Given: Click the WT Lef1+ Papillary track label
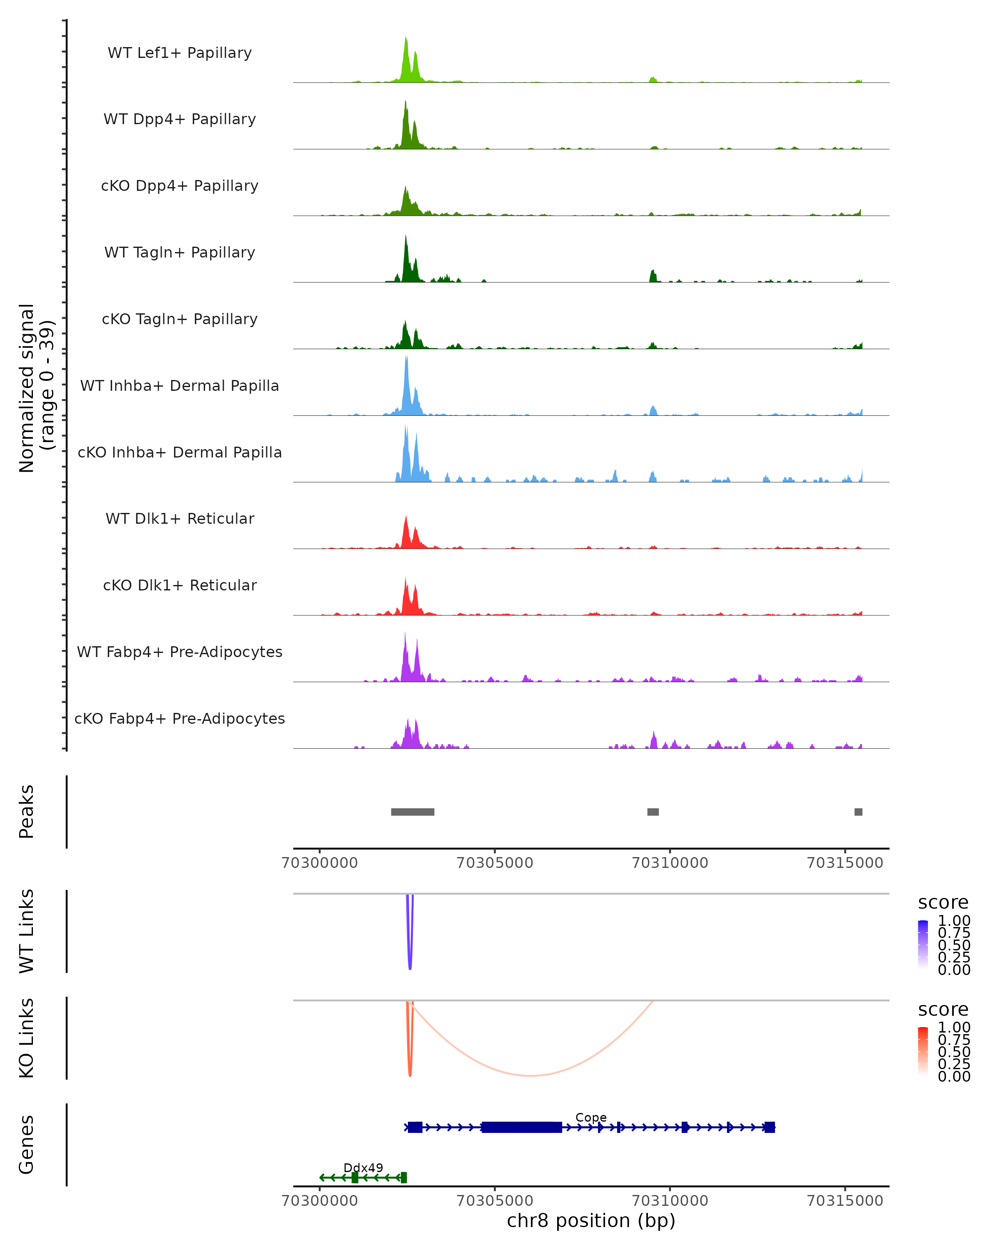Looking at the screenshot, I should tap(180, 53).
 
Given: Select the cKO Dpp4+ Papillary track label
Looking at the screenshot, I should tap(180, 186).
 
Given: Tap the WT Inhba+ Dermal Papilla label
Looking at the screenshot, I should tap(180, 386).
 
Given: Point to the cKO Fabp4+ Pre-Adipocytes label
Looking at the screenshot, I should tap(180, 719).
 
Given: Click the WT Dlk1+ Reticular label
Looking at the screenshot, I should tap(180, 519).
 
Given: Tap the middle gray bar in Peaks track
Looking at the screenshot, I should tap(653, 812).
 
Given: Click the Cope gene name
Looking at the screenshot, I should tap(591, 1117).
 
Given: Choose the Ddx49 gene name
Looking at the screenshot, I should tap(363, 1167).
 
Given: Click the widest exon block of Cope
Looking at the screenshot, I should tap(521, 1127).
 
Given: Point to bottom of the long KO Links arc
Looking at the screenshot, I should tap(530, 1075).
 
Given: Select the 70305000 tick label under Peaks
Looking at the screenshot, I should tap(495, 863).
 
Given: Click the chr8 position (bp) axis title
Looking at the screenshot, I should tap(591, 1220).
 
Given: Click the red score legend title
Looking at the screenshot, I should tap(942, 1010).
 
